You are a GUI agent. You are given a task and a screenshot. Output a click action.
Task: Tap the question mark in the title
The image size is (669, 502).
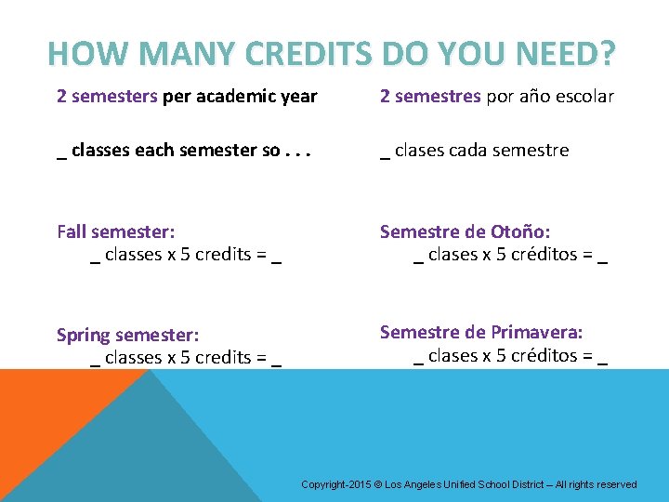[606, 54]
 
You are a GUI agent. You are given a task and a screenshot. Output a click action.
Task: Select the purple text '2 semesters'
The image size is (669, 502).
[107, 97]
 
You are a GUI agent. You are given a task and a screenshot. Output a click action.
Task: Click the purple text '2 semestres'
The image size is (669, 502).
[431, 97]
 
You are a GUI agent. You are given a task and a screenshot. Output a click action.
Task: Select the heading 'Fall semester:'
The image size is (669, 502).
[115, 231]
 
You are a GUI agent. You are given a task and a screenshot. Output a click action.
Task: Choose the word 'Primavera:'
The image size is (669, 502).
[537, 332]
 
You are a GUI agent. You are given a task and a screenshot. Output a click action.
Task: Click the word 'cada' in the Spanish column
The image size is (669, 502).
[472, 150]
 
